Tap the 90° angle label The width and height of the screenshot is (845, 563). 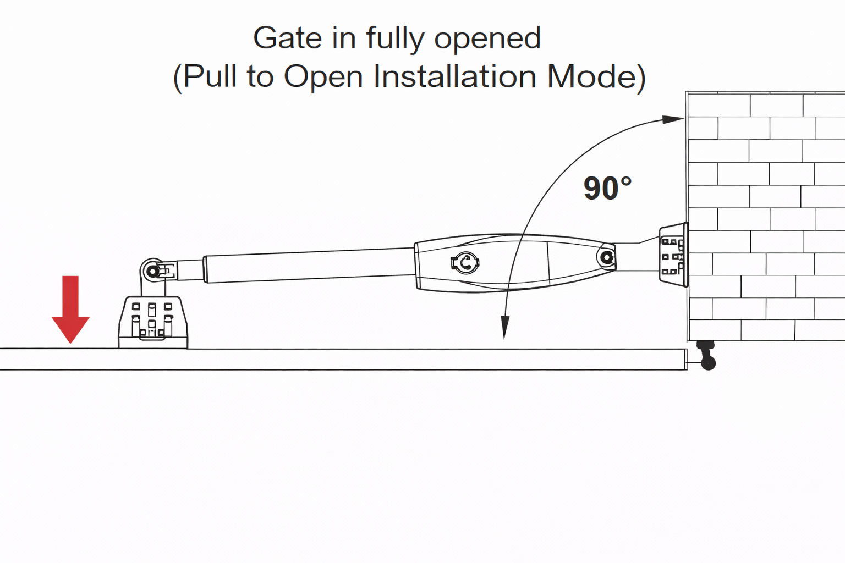pyautogui.click(x=607, y=189)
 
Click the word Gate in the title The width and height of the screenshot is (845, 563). pyautogui.click(x=287, y=38)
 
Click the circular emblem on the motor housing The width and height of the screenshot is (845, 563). pyautogui.click(x=465, y=263)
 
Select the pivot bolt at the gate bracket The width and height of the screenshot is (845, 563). pyautogui.click(x=152, y=271)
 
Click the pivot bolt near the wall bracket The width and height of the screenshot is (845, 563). pyautogui.click(x=607, y=257)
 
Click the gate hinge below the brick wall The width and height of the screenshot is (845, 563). pyautogui.click(x=706, y=355)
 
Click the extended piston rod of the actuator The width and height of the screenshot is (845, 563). pyautogui.click(x=308, y=266)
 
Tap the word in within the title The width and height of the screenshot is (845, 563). pyautogui.click(x=344, y=38)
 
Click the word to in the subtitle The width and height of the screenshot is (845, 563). pyautogui.click(x=260, y=76)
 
